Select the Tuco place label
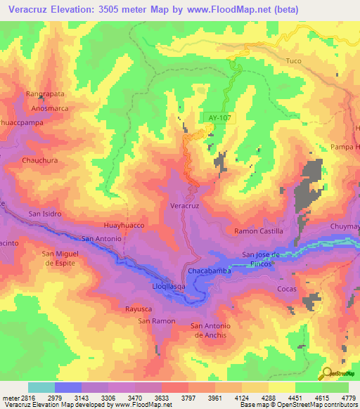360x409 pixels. [293, 61]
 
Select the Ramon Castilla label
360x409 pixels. [258, 231]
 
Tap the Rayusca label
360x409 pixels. [139, 309]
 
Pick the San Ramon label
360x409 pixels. [156, 321]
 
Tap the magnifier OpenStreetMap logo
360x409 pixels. [326, 374]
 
